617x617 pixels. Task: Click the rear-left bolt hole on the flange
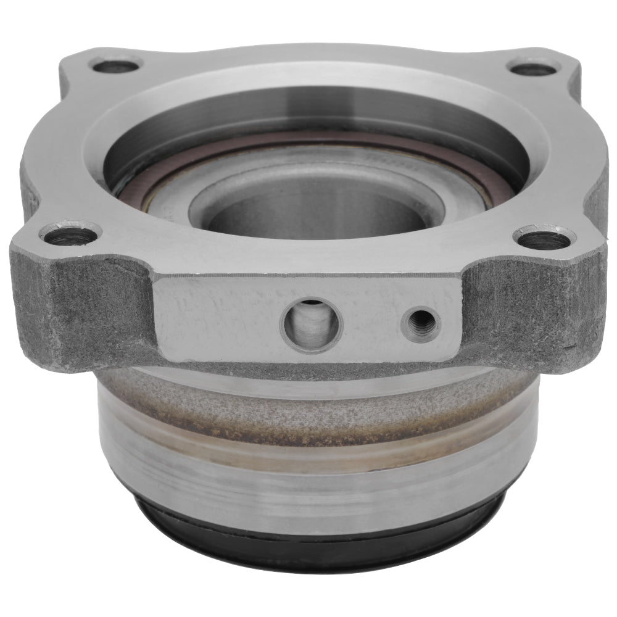tap(115, 64)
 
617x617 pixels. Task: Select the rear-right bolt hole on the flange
tap(532, 67)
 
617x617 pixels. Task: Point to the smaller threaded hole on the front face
tap(421, 323)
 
